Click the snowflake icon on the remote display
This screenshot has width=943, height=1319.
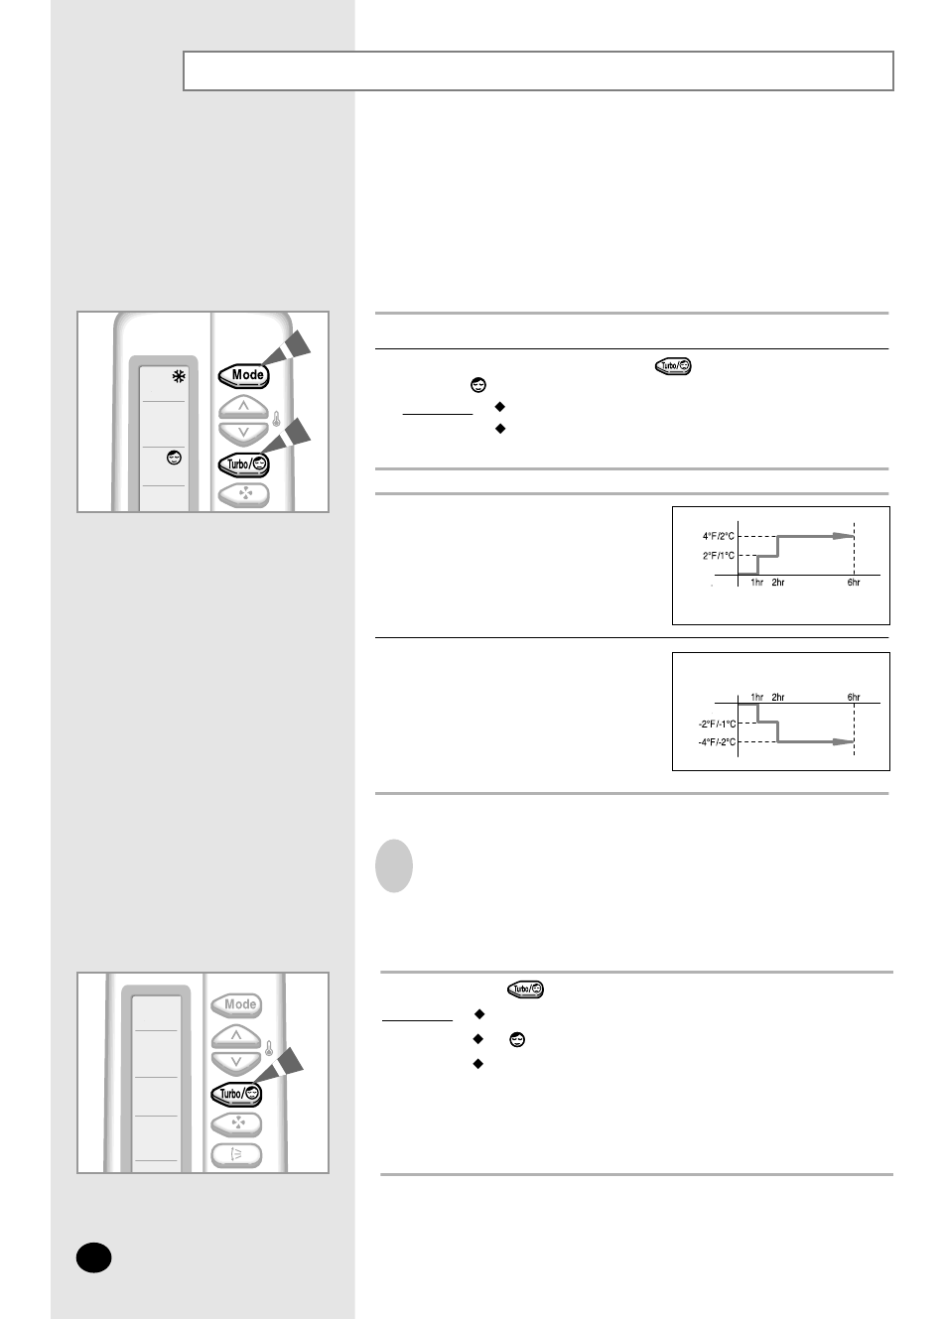[x=179, y=376]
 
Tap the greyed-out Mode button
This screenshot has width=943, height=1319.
[x=236, y=1004]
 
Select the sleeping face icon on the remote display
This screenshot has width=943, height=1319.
[x=174, y=458]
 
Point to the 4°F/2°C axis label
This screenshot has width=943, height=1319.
[x=718, y=536]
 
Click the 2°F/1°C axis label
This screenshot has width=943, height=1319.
[x=718, y=555]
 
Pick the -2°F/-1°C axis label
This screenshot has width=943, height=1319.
[x=717, y=724]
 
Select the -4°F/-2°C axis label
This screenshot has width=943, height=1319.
[x=717, y=742]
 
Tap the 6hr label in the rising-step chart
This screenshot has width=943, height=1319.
[x=854, y=583]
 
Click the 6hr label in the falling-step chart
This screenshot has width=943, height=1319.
[x=854, y=697]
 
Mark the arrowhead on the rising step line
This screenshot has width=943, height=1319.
[x=843, y=536]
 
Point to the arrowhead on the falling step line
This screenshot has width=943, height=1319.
[x=843, y=742]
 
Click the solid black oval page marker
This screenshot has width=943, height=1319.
[x=93, y=1257]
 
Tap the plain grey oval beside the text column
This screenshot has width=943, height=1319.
[x=393, y=865]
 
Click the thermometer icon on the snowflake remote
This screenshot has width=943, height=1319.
[x=276, y=419]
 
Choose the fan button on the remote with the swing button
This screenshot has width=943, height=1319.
[x=236, y=1123]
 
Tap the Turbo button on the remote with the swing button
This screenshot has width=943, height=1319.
[x=236, y=1094]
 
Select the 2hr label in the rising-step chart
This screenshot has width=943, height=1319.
[x=778, y=583]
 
